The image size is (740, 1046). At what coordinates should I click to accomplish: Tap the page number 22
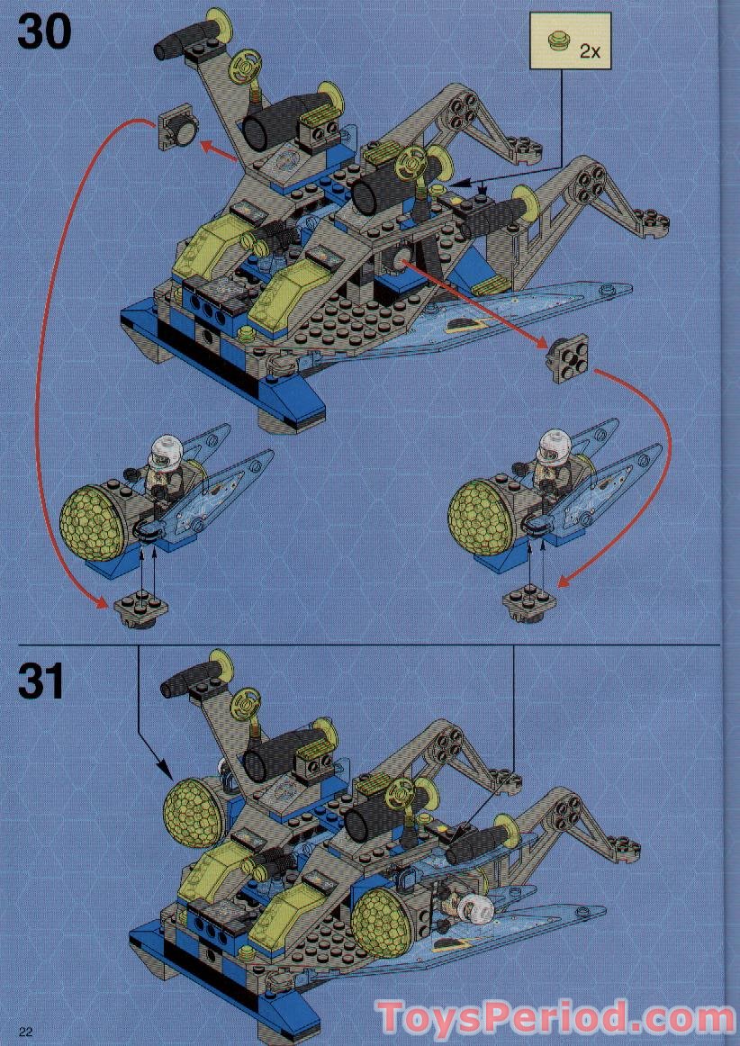pos(25,1032)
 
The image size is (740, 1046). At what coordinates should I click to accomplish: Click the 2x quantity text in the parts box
pos(590,51)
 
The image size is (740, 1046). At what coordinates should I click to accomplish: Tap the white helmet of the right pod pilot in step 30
pos(553,444)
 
